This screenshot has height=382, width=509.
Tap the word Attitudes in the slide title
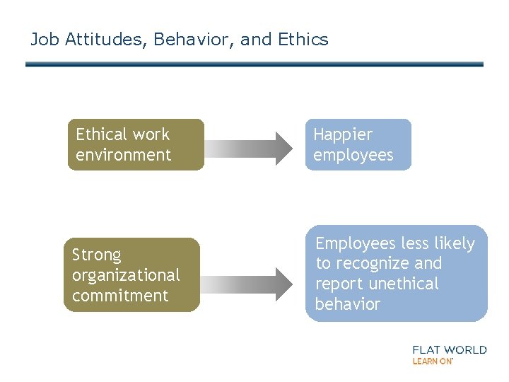tap(106, 40)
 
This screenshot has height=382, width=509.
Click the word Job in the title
tap(45, 40)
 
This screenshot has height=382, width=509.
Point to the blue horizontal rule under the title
tap(255, 64)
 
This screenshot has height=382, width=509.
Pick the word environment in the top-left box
tap(123, 155)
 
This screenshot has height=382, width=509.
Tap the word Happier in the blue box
tap(343, 134)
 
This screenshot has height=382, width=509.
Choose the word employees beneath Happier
tap(353, 155)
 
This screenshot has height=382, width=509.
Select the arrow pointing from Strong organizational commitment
tap(247, 283)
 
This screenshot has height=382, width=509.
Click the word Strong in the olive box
tap(97, 255)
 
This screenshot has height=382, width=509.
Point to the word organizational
tap(126, 275)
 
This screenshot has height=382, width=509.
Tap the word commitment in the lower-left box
tap(120, 296)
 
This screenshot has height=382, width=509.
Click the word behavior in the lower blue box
tap(347, 305)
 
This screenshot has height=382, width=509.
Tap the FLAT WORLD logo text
tap(449, 349)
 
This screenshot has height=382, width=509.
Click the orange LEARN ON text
tap(433, 361)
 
